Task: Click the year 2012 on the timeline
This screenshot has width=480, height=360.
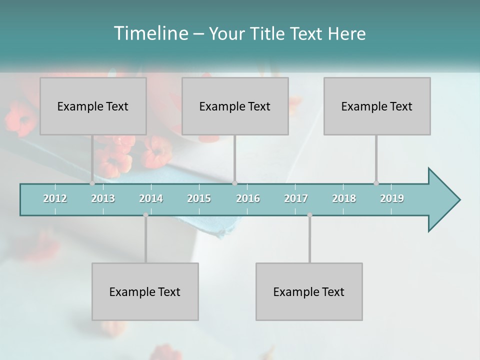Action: (55, 198)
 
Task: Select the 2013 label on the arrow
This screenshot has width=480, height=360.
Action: (103, 198)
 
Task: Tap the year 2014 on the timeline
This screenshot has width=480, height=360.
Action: (151, 198)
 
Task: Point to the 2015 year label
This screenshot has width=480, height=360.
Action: (199, 198)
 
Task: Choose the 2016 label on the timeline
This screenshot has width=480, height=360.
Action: (248, 198)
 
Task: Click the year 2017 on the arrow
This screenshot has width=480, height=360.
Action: (296, 198)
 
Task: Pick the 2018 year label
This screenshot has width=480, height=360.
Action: (344, 198)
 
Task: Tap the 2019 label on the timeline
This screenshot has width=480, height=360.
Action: (392, 198)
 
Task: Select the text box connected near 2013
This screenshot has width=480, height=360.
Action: (93, 106)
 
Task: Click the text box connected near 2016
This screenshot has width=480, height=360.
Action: (235, 106)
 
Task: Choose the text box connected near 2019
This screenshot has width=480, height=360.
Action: (377, 106)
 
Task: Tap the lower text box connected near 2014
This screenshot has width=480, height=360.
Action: (145, 291)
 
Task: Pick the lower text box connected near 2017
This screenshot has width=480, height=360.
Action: (309, 291)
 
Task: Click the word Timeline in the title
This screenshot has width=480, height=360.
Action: (150, 33)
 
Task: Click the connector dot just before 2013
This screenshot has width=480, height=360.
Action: (92, 183)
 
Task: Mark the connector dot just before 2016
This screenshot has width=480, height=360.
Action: (234, 183)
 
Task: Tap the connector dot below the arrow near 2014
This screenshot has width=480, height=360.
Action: (145, 215)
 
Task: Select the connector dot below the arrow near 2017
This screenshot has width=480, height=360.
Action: (309, 215)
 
